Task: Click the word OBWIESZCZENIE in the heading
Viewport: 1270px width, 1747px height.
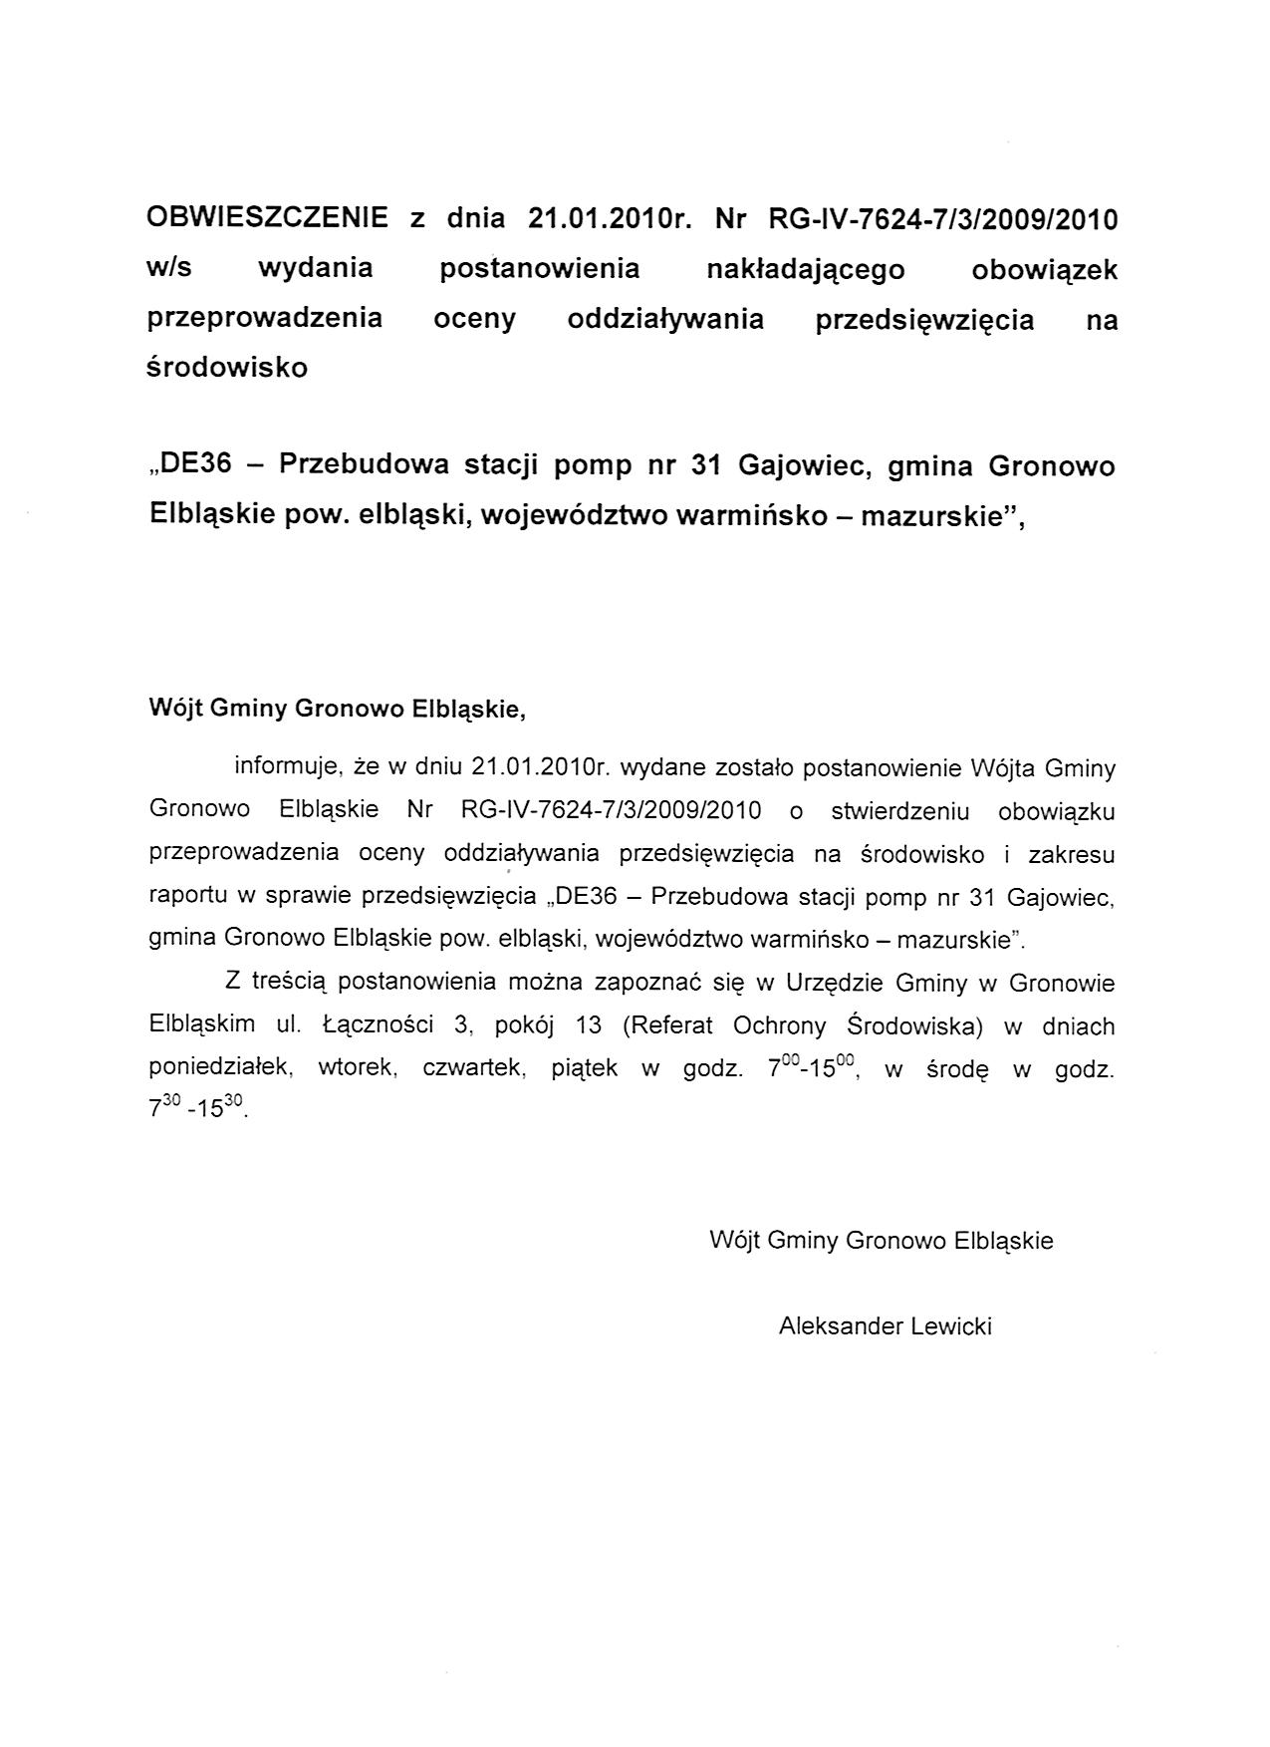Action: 267,218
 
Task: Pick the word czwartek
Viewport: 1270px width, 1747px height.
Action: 473,1068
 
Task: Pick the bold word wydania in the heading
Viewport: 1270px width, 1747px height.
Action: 315,269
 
